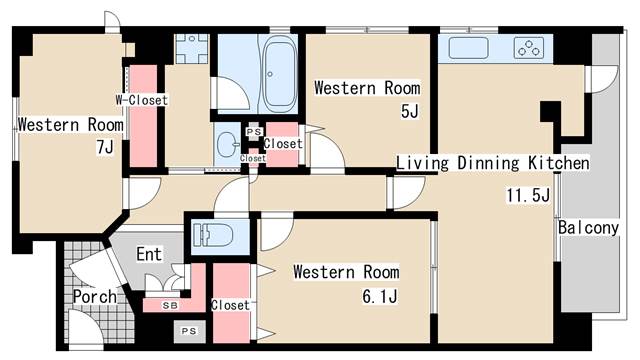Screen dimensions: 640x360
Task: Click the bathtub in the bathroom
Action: click(x=280, y=73)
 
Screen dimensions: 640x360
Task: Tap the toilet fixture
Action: click(x=213, y=236)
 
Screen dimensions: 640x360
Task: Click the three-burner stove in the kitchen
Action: click(x=529, y=48)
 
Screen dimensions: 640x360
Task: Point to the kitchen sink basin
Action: click(x=468, y=48)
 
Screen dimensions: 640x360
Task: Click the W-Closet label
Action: click(x=141, y=100)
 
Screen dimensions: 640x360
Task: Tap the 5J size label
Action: click(x=410, y=111)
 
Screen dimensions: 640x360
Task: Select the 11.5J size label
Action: click(x=528, y=195)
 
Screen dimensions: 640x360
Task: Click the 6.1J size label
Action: click(x=380, y=296)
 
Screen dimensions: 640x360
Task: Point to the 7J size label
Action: click(x=105, y=147)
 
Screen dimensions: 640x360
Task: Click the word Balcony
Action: click(x=588, y=228)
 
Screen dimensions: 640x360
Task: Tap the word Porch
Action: click(x=95, y=297)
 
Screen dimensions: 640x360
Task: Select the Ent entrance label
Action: click(x=149, y=254)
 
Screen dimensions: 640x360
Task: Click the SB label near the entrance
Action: click(x=170, y=305)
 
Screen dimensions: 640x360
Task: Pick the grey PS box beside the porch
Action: click(x=189, y=331)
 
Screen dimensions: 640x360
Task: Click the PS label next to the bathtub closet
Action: click(x=253, y=132)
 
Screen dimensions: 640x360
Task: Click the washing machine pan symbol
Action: click(x=191, y=49)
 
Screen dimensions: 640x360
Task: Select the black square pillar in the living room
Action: click(x=550, y=111)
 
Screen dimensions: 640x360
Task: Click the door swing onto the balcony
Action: click(x=601, y=80)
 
